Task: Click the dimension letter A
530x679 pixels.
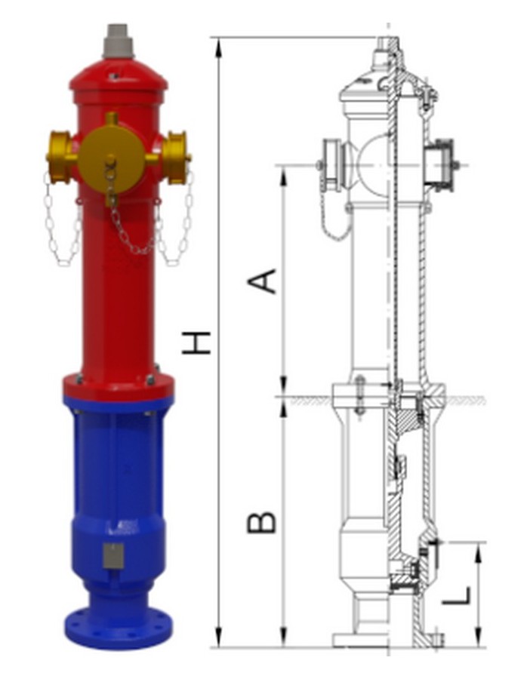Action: point(262,280)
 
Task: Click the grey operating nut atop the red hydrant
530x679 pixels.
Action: point(119,41)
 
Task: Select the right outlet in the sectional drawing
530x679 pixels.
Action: point(440,164)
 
